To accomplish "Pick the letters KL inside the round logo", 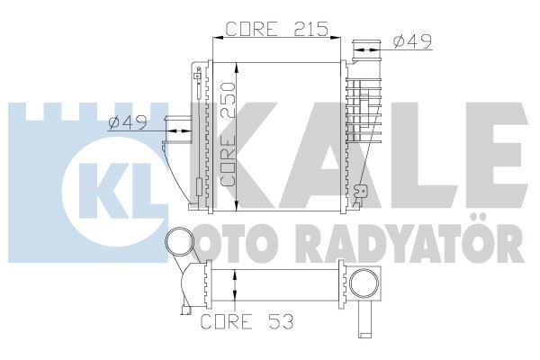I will [x=106, y=180].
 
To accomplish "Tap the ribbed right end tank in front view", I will [x=370, y=126].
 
